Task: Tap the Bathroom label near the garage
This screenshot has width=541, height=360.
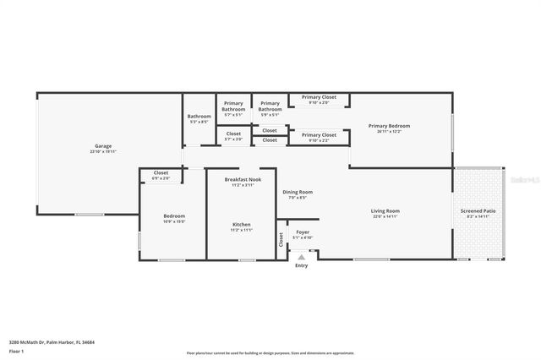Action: (x=199, y=116)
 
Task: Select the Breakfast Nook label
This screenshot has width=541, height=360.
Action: (x=243, y=179)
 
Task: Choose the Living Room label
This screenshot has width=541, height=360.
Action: (x=385, y=210)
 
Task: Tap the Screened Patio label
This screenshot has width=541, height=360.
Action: (x=478, y=210)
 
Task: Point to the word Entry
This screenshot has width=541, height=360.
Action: (x=302, y=266)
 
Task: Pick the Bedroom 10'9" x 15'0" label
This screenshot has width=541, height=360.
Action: (x=174, y=215)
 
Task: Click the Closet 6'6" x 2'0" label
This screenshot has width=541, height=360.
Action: (x=161, y=173)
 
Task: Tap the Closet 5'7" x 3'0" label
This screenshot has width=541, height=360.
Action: (x=234, y=134)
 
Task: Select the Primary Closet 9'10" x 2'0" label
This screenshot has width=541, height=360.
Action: (x=319, y=98)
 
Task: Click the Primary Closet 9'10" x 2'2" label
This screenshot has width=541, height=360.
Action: (x=319, y=134)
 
